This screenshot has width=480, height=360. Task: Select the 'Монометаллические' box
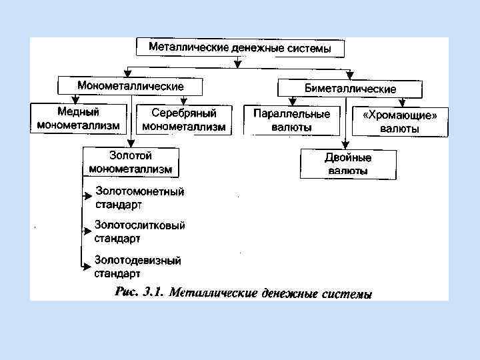[x=131, y=86]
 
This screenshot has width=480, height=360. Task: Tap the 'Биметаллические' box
[x=350, y=88]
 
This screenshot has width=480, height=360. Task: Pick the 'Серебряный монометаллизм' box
[x=183, y=119]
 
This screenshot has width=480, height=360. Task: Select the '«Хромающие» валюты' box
[x=399, y=121]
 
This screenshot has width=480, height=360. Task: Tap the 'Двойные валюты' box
[x=347, y=164]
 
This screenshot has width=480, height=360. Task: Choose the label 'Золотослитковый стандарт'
[x=139, y=231]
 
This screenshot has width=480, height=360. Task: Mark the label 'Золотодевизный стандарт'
[x=137, y=266]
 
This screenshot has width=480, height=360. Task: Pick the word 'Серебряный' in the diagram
[x=183, y=113]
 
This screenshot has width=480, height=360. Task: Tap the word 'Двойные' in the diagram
[x=347, y=158]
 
